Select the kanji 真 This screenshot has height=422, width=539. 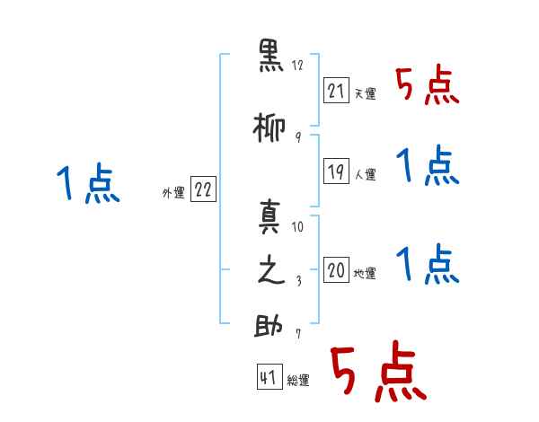point(270,216)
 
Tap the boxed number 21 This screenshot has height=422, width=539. point(336,90)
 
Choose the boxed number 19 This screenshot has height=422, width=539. point(336,171)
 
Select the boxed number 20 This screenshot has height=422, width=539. point(336,269)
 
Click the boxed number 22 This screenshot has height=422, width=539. point(203,189)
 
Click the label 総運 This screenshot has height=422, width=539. point(298,381)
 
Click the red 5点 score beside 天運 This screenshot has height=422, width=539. point(427,86)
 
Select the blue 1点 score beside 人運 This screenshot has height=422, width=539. point(427,167)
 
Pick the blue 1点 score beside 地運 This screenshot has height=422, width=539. point(427,265)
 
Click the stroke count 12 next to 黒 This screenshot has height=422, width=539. point(298,66)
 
